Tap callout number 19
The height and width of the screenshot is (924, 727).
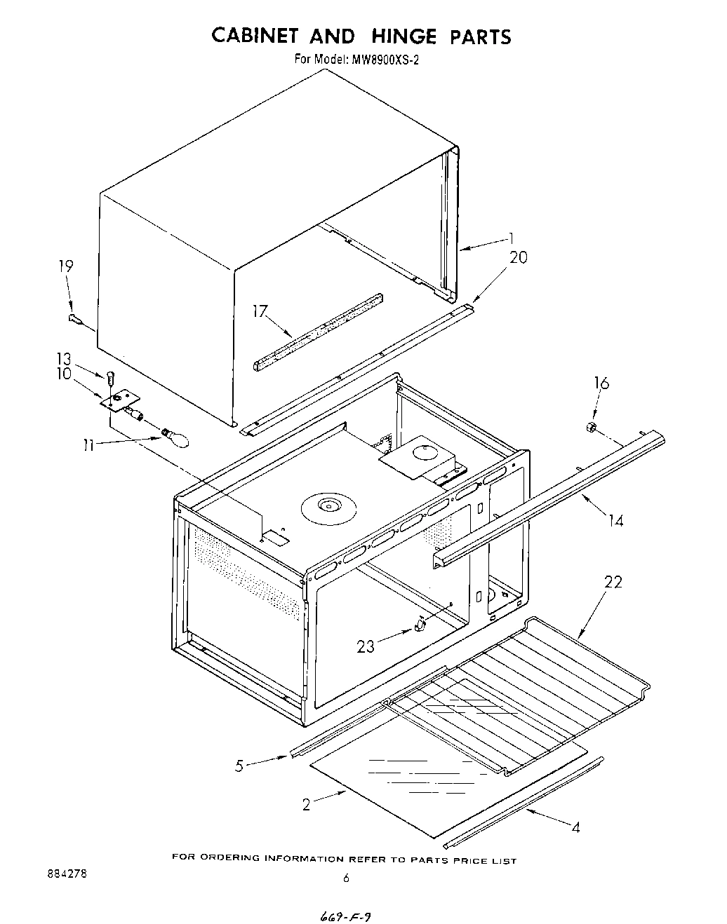pos(65,266)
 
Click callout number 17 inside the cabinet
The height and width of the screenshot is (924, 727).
pos(260,311)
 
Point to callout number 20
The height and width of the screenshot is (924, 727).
pos(518,257)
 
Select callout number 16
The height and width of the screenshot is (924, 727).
pos(601,383)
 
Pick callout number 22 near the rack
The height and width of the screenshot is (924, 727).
pos(613,583)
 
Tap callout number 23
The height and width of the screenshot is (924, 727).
pos(366,646)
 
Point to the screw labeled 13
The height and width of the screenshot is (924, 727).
pos(111,379)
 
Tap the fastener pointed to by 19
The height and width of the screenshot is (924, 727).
pos(75,320)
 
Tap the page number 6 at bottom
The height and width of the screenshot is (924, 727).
pos(345,877)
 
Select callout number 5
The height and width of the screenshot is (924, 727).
pos(239,766)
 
